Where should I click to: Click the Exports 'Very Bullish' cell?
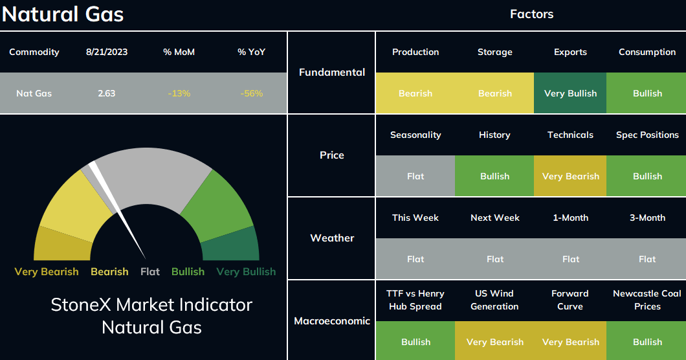coord(570,93)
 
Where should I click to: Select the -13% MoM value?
coord(179,93)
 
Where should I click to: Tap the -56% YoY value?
coord(252,93)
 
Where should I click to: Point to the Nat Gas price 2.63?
coord(107,93)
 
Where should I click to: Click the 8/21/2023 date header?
coord(107,52)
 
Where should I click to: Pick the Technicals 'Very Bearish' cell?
coord(570,175)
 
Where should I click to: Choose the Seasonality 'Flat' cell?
coord(415,175)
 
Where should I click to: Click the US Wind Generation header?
coord(494,300)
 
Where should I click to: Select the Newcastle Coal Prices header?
coord(647,300)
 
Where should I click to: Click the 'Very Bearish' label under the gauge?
coord(47,272)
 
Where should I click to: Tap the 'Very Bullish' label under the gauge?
coord(246,272)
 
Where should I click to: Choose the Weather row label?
coord(332,238)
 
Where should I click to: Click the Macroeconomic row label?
coord(332,321)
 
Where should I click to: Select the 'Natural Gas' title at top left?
coord(63,14)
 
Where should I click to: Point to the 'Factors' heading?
coord(531,14)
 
